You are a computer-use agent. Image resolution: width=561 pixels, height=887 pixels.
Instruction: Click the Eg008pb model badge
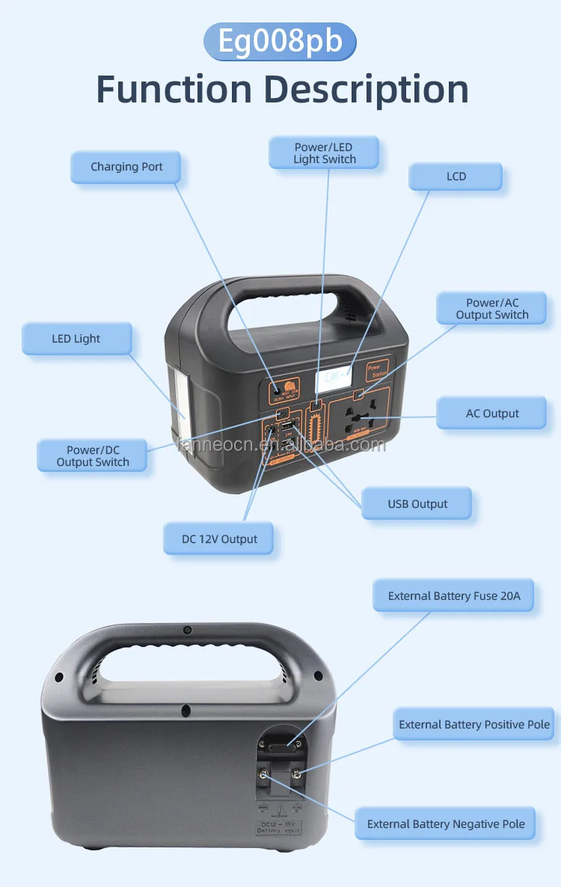[280, 41]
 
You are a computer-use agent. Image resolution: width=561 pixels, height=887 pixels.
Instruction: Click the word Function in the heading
[174, 90]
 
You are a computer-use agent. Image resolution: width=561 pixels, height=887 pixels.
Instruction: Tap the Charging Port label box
[126, 167]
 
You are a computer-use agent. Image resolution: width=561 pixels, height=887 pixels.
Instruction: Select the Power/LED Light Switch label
[324, 153]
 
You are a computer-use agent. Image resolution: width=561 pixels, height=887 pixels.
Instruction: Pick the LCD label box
[456, 177]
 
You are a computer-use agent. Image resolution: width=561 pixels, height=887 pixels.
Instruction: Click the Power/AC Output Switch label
[491, 309]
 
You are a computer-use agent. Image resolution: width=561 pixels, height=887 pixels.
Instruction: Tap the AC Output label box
[491, 414]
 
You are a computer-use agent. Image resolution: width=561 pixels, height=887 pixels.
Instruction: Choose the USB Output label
[417, 504]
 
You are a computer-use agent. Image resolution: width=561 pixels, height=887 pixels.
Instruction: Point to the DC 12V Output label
[218, 539]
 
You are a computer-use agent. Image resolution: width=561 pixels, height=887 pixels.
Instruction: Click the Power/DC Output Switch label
[93, 455]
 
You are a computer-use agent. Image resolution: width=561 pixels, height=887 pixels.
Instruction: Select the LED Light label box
[76, 339]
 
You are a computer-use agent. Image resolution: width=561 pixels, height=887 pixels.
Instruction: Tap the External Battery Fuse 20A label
[453, 596]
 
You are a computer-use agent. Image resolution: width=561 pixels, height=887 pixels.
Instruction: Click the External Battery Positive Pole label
[473, 725]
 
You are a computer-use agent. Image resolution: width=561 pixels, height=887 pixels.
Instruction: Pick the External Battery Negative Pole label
[445, 824]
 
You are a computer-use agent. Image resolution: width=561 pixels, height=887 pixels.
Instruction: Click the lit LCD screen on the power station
[334, 380]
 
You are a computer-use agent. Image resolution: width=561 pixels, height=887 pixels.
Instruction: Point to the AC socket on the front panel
[361, 420]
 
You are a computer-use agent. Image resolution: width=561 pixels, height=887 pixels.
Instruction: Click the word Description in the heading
[366, 90]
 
